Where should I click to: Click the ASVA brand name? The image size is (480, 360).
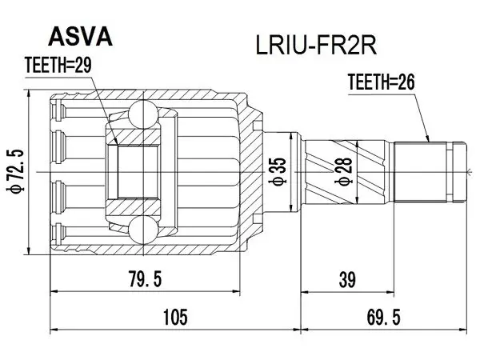81,37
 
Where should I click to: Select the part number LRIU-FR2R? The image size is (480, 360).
316,46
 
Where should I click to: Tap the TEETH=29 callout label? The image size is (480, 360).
58,66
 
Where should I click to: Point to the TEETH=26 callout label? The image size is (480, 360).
381,82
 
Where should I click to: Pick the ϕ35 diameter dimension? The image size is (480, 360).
278,171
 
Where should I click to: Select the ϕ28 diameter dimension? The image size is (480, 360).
344,171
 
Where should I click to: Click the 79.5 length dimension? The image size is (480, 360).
145,279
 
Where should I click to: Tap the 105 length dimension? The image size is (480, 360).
175,317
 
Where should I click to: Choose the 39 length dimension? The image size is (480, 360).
347,279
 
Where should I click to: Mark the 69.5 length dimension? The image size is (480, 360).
383,317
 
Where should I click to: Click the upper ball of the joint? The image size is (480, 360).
143,114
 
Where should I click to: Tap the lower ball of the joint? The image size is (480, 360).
143,230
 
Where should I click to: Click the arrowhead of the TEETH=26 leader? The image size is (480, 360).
427,138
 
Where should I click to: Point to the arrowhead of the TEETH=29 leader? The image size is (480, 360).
115,141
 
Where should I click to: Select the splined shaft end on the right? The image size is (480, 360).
430,172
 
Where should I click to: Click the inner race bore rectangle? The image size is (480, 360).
138,172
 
